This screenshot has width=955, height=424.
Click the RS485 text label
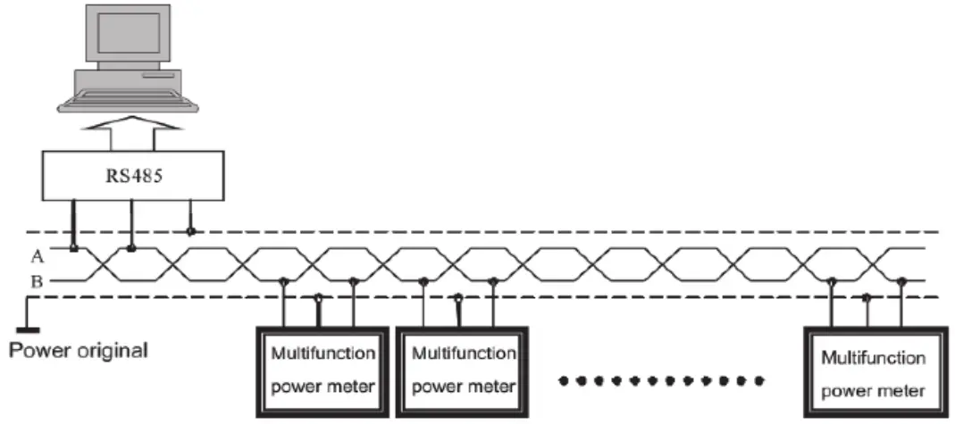pos(133,176)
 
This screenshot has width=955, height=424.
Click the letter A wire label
pos(36,257)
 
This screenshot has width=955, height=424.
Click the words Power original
pos(78,351)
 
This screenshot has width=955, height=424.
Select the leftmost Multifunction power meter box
pos(321,371)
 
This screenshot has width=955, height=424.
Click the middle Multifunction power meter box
pos(461,371)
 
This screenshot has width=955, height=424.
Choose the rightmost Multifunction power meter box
pos(875,371)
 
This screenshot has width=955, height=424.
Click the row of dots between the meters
pos(661,381)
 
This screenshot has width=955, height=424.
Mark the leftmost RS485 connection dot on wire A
pos(74,248)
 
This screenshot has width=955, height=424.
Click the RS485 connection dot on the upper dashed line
pos(191,232)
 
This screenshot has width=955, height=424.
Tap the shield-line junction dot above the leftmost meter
pos(317,297)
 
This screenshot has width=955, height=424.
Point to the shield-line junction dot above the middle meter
pos(457,297)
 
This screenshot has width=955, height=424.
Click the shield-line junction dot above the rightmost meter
pos(866,297)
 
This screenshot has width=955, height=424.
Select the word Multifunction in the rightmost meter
pos(874,358)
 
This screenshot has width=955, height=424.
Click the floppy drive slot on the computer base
pos(159,76)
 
